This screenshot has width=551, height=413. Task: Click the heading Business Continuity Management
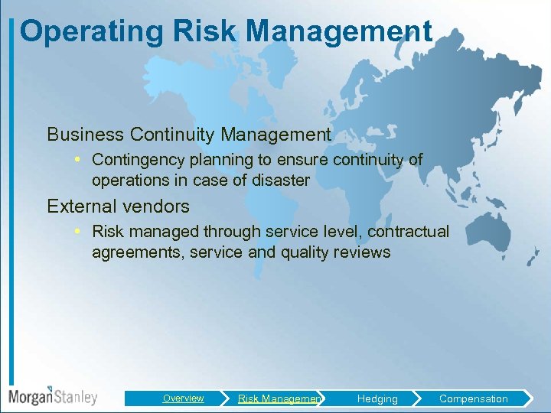(189, 135)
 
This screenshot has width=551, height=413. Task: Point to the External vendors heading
(118, 206)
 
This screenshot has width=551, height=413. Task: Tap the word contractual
(409, 231)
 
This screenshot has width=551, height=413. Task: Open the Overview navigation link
(183, 398)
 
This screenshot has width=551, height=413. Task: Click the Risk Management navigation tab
(279, 398)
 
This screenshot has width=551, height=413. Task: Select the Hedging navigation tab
(377, 398)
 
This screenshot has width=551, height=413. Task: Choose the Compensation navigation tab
(473, 398)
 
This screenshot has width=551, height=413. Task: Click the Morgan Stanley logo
(53, 396)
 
